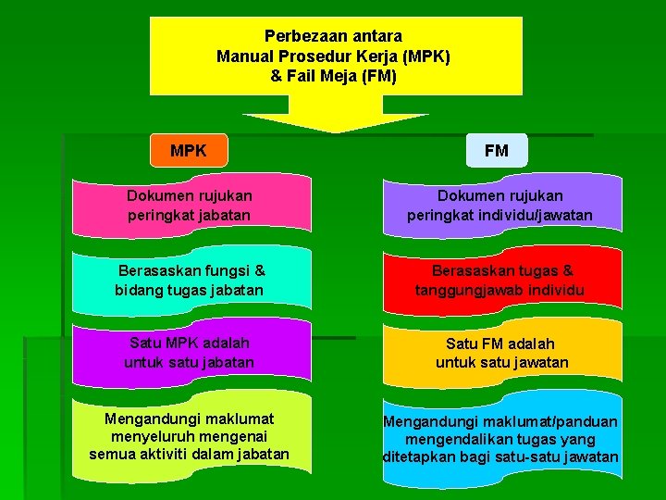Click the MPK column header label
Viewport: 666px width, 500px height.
click(x=189, y=150)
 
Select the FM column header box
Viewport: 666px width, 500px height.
click(x=496, y=150)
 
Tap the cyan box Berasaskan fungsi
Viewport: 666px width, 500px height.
click(x=190, y=281)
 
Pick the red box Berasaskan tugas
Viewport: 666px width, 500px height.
click(x=499, y=281)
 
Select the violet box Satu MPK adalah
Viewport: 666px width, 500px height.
click(x=190, y=353)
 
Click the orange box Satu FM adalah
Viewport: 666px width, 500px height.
click(x=499, y=353)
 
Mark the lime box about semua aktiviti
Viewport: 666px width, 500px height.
click(x=190, y=436)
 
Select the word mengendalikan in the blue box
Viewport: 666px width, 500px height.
click(x=468, y=440)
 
